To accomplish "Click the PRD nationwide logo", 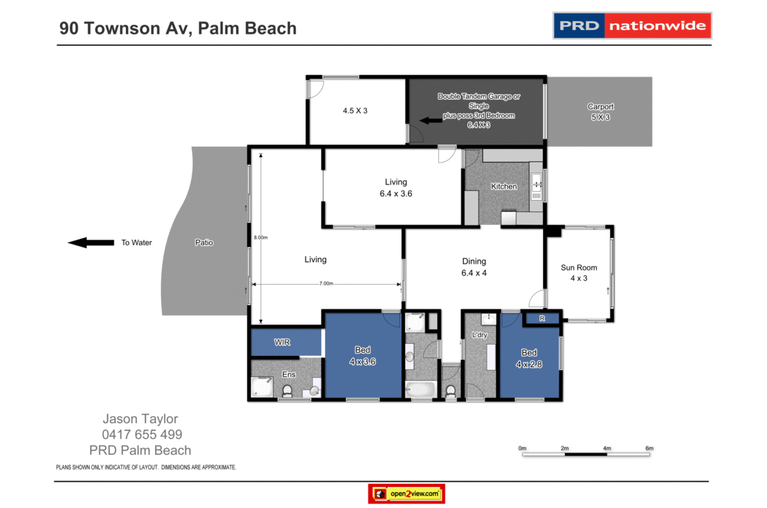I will pyautogui.click(x=631, y=25).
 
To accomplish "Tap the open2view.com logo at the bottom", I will pyautogui.click(x=407, y=494).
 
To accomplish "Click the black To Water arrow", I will pyautogui.click(x=88, y=242).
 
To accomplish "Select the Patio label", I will pyautogui.click(x=204, y=243).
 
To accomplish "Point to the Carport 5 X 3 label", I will pyautogui.click(x=600, y=112).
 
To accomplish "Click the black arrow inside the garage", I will pyautogui.click(x=430, y=120).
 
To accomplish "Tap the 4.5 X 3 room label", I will pyautogui.click(x=355, y=110).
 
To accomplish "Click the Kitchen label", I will pyautogui.click(x=504, y=186).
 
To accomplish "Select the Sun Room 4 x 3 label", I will pyautogui.click(x=579, y=273).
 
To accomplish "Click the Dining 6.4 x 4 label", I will pyautogui.click(x=474, y=267).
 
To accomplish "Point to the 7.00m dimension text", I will pyautogui.click(x=326, y=283).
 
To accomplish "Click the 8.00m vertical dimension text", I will pyautogui.click(x=260, y=238).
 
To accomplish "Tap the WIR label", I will pyautogui.click(x=282, y=342).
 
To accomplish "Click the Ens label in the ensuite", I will pyautogui.click(x=288, y=374).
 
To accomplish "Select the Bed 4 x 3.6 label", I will pyautogui.click(x=363, y=356).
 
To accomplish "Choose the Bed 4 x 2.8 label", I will pyautogui.click(x=529, y=358).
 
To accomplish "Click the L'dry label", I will pyautogui.click(x=479, y=335).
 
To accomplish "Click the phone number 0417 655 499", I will pyautogui.click(x=142, y=435).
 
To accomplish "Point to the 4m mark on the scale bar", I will pyautogui.click(x=607, y=448).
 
